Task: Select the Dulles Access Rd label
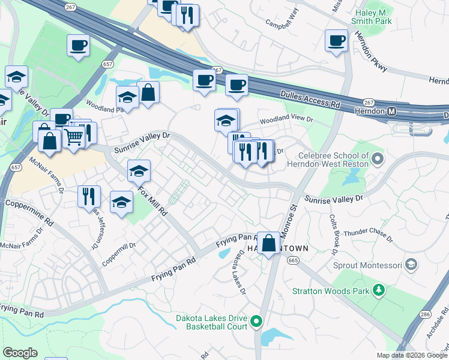(310, 99)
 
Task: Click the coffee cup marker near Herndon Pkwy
(336, 41)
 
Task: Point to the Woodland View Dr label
(286, 119)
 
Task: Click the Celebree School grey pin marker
(378, 159)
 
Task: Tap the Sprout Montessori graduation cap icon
(411, 264)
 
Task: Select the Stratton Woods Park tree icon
(379, 291)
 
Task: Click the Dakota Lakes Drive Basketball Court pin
(256, 322)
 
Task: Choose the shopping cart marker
(73, 137)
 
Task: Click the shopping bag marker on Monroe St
(269, 243)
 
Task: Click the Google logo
(20, 353)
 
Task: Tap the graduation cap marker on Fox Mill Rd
(139, 172)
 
